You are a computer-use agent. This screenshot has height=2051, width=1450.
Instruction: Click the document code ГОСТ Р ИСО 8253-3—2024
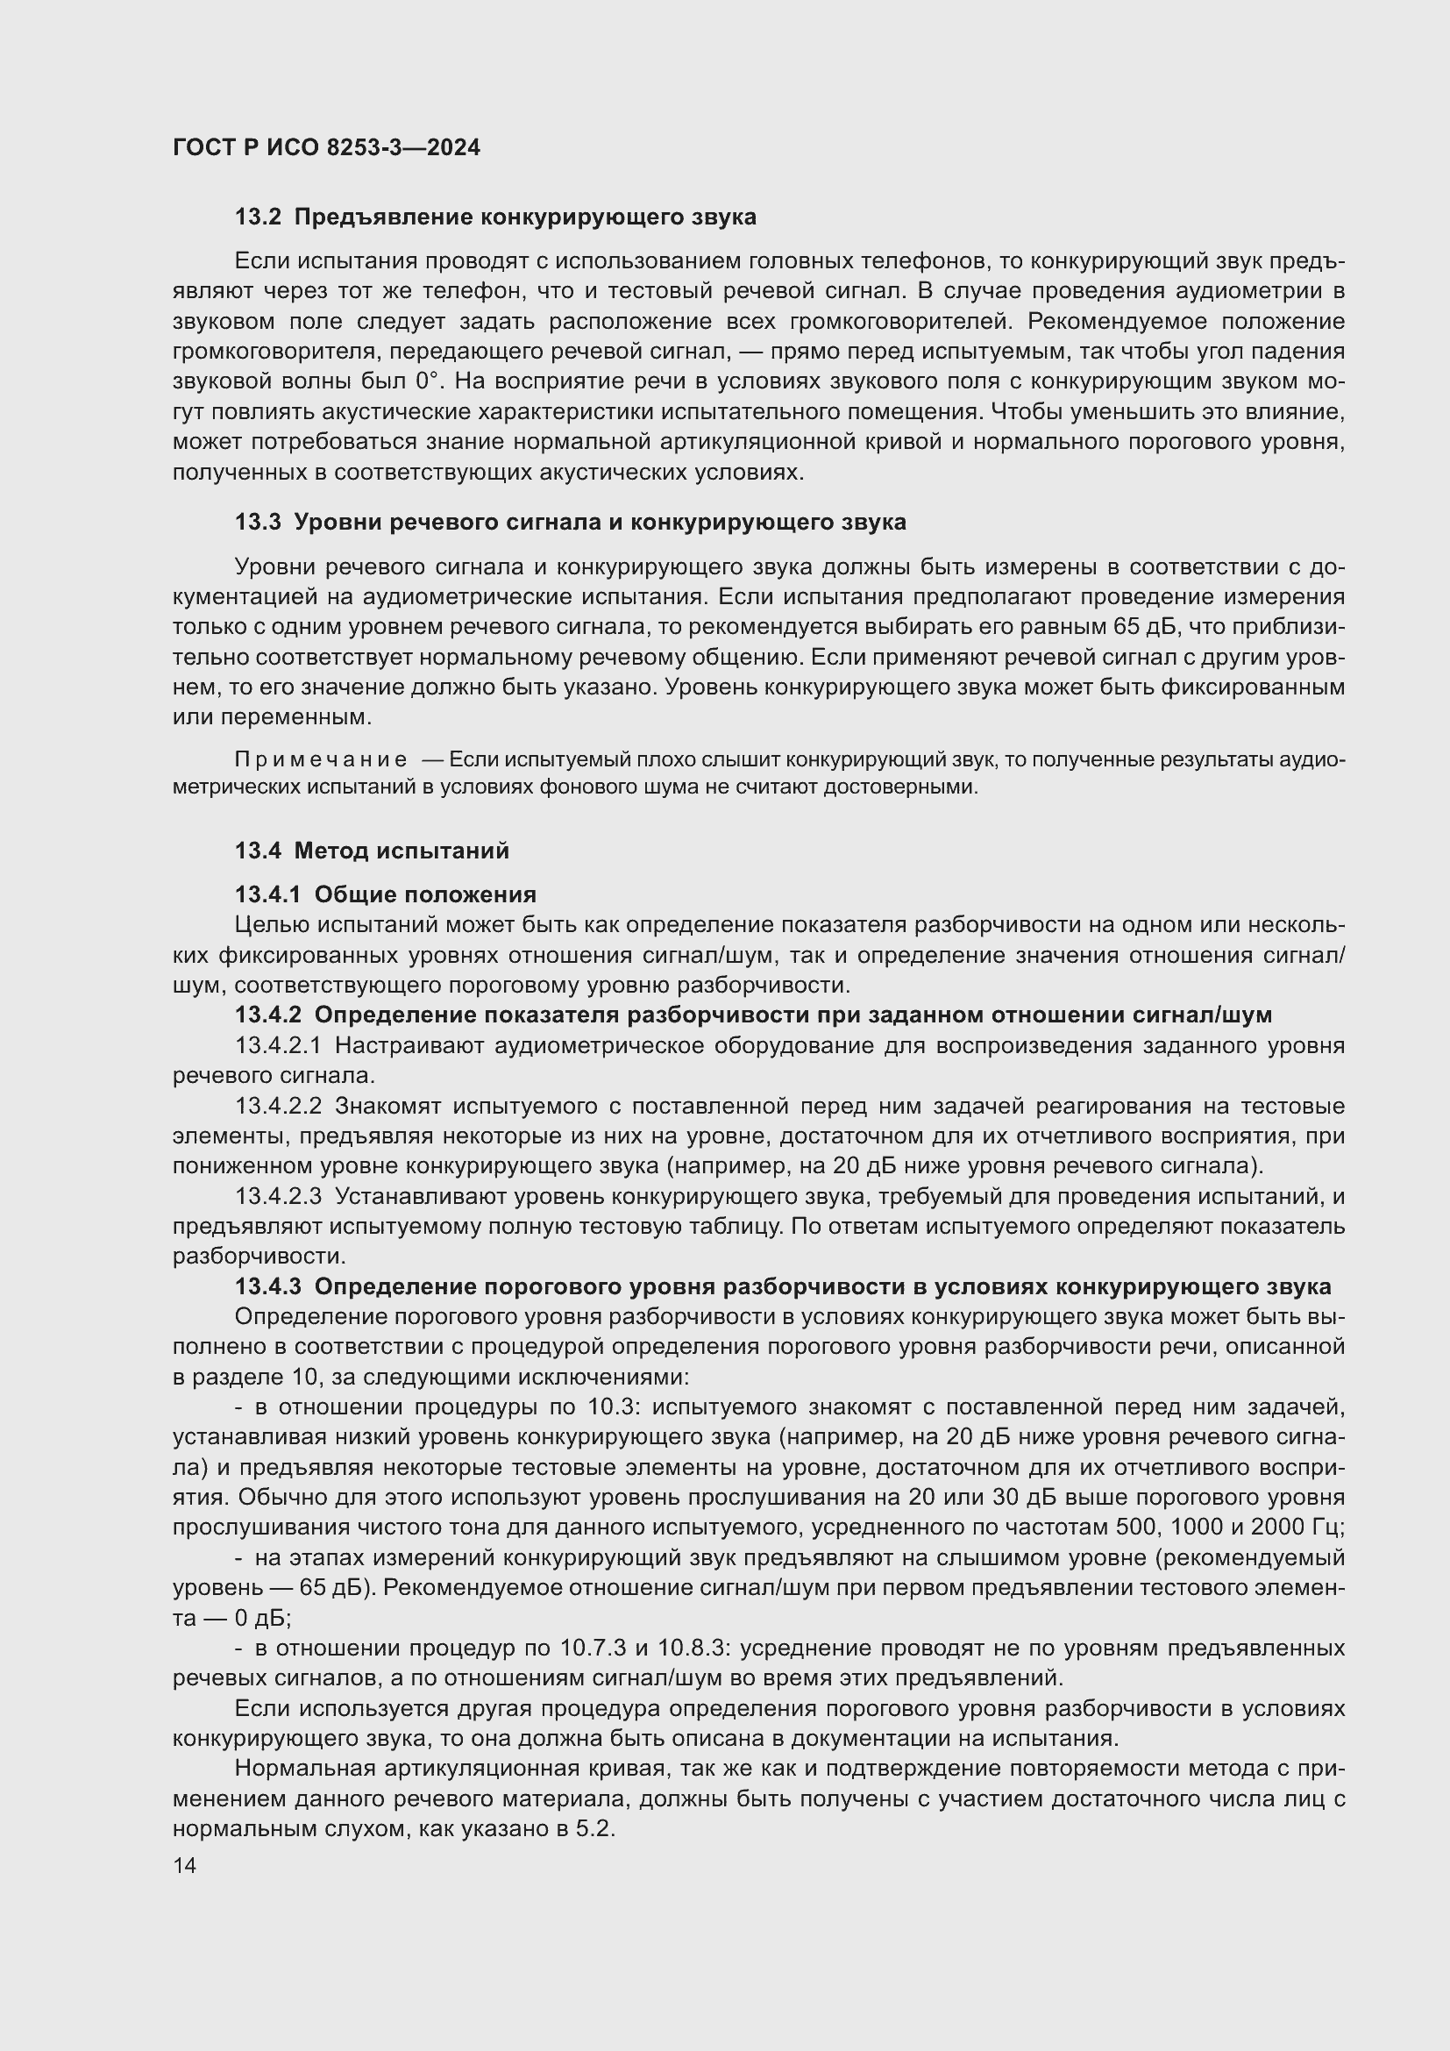click(x=326, y=147)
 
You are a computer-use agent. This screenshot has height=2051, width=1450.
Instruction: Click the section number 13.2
click(x=258, y=217)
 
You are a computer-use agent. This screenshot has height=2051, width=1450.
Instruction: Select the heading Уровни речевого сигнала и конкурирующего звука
click(x=600, y=523)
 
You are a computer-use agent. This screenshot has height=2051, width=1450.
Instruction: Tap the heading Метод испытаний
click(x=402, y=851)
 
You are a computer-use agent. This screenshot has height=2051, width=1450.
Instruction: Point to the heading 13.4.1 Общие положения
click(x=386, y=894)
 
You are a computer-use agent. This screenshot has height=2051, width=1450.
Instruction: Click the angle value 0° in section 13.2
click(x=429, y=381)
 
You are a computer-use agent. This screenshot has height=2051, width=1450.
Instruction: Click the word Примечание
click(x=321, y=760)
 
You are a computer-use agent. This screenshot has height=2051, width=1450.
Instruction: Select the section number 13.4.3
click(x=269, y=1287)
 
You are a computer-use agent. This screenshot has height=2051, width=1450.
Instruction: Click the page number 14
click(x=184, y=1865)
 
